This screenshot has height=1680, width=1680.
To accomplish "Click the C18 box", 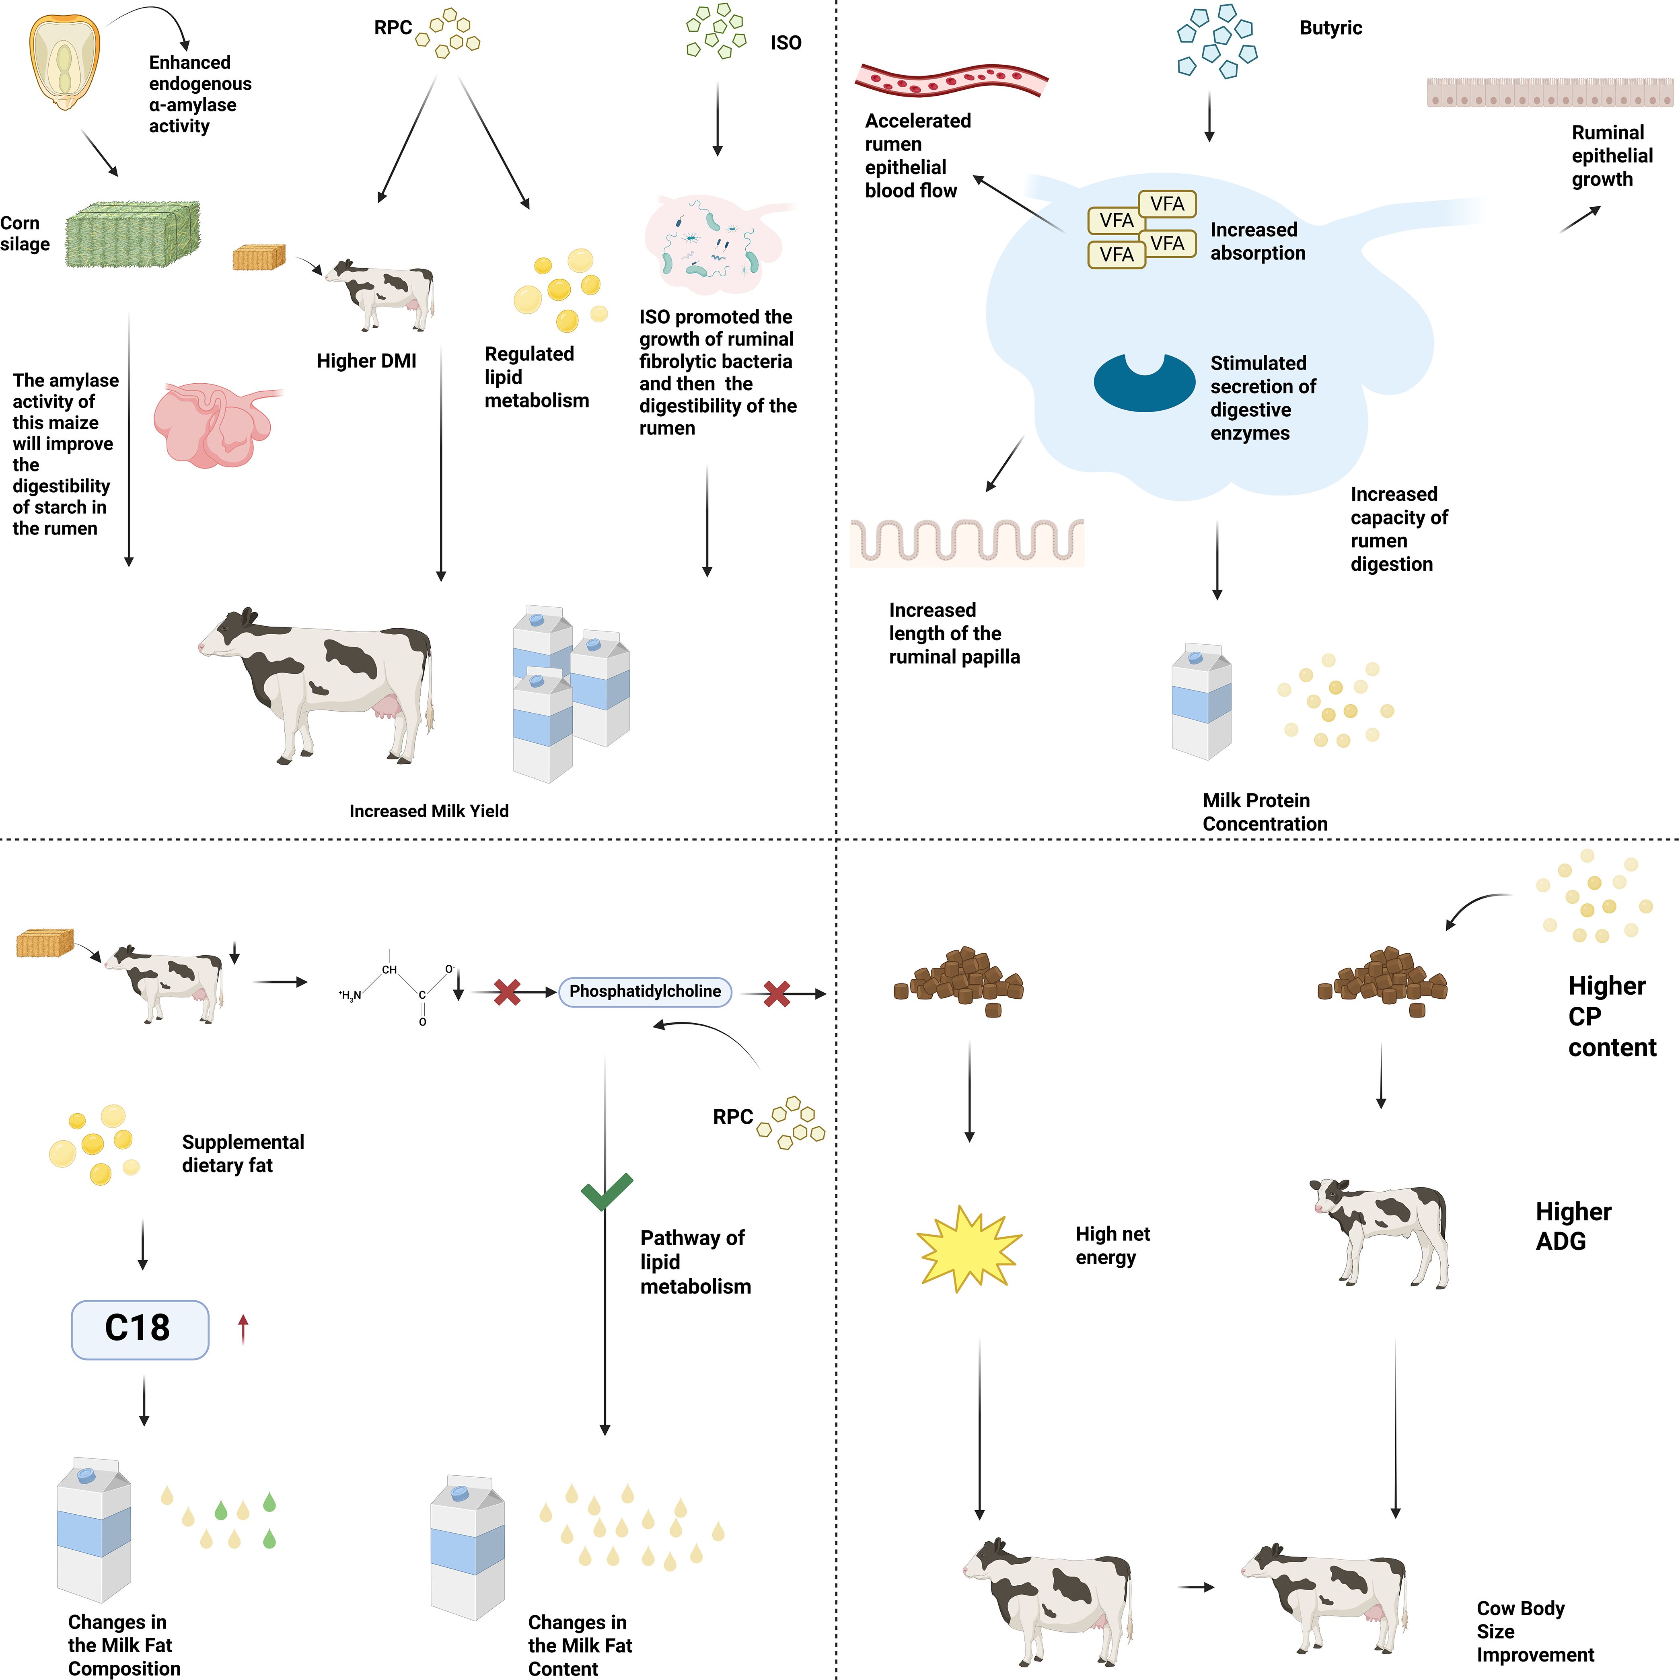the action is pyautogui.click(x=139, y=1329).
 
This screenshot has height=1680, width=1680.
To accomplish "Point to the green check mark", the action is pyautogui.click(x=606, y=1191).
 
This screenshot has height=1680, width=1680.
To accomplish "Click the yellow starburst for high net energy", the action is pyautogui.click(x=968, y=1248).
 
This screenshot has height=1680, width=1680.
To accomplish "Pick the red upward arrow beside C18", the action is pyautogui.click(x=243, y=1329).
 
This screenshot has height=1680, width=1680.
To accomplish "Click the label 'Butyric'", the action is pyautogui.click(x=1330, y=28).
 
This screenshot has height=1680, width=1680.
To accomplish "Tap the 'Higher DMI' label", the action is pyautogui.click(x=366, y=361).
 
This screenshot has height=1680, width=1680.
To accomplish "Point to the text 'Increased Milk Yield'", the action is pyautogui.click(x=429, y=810).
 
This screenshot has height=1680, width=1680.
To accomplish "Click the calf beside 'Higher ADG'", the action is pyautogui.click(x=1380, y=1230).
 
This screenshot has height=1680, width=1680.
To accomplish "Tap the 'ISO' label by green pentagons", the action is pyautogui.click(x=785, y=43).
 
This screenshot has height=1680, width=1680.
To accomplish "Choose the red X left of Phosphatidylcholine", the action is pyautogui.click(x=507, y=992).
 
